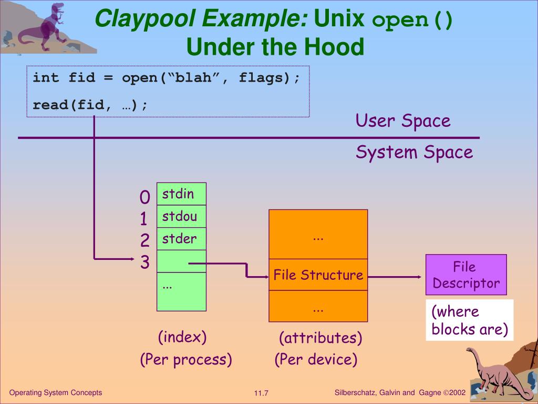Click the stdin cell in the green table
pos(181,194)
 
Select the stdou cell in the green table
pos(181,217)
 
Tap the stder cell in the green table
pos(181,239)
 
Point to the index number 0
pos(145,198)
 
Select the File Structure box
pos(318,275)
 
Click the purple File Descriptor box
pos(466,275)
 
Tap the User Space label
pos(403,121)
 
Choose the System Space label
pos(414,153)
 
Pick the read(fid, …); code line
pos(90,105)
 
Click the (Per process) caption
pos(186,360)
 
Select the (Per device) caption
pos(316,360)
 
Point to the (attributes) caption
pos(320,338)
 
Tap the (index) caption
pos(182,337)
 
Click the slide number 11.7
pos(261,393)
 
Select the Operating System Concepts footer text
pos(56,393)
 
